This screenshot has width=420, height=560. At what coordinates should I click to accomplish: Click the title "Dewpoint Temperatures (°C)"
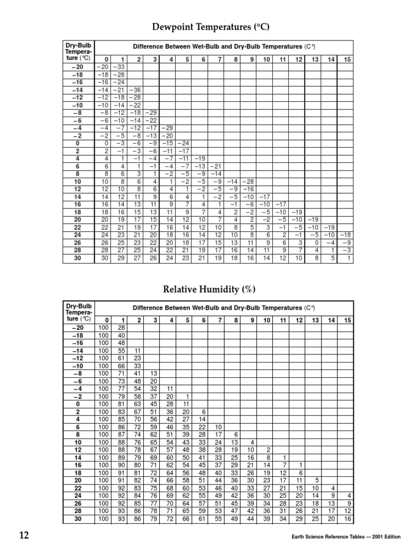click(210, 27)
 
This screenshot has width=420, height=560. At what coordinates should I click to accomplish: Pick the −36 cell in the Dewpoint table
click(136, 90)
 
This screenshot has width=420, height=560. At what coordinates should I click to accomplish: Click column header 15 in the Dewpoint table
click(347, 59)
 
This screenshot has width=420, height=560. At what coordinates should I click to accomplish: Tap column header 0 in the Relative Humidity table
click(106, 320)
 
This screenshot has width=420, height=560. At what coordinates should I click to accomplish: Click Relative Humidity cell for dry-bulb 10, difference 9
click(252, 442)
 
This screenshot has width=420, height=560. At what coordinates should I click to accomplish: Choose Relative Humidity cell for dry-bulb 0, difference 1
click(121, 404)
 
